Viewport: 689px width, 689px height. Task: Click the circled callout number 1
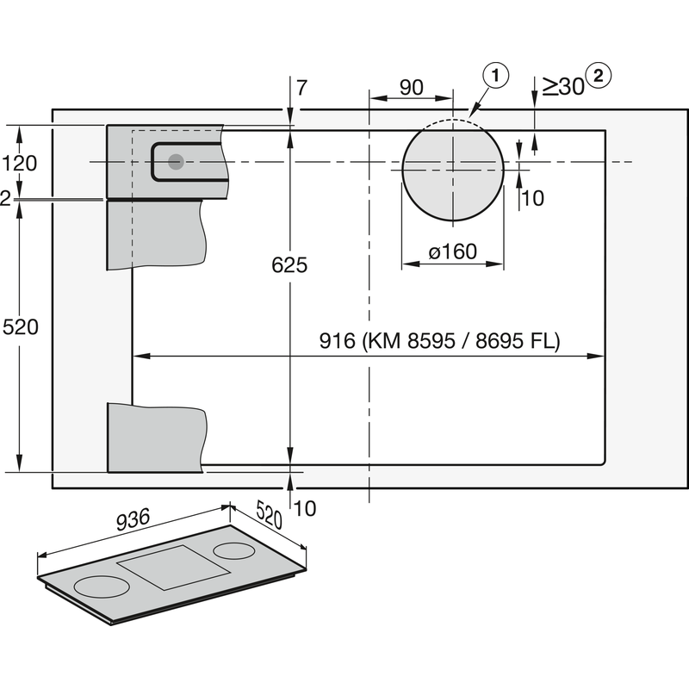click(496, 76)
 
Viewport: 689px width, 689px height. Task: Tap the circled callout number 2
click(599, 76)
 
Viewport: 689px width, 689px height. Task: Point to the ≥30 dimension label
click(561, 86)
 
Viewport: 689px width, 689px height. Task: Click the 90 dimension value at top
click(412, 87)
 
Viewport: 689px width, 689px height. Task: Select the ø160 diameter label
click(452, 251)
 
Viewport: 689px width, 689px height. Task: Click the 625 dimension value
click(289, 265)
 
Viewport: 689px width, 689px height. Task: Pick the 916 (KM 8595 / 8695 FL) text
click(439, 341)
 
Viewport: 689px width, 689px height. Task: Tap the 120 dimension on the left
click(19, 162)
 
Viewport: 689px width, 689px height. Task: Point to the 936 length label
click(134, 519)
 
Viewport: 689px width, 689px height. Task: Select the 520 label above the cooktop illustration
click(269, 518)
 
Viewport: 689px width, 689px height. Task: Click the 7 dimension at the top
click(301, 87)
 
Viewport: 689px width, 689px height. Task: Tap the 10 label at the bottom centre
click(304, 509)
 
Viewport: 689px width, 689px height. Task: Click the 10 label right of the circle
click(533, 198)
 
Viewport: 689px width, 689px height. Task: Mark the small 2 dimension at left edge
click(5, 199)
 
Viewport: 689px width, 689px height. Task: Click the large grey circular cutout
click(452, 169)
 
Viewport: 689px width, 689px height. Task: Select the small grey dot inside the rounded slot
click(176, 161)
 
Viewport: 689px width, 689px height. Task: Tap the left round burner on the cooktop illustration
click(102, 587)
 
